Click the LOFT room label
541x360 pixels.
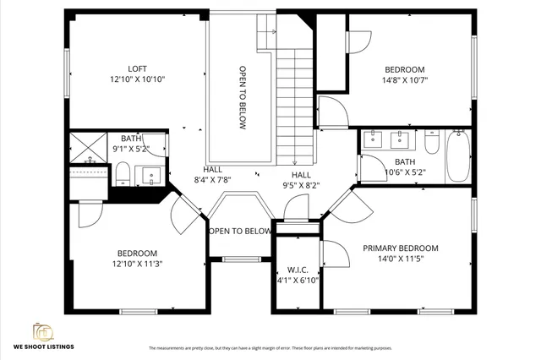pos(137,68)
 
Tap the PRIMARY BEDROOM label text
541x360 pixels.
pos(401,248)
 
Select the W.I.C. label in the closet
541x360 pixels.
pos(297,270)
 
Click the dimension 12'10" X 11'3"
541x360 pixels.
pos(137,264)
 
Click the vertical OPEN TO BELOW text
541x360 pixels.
pos(242,97)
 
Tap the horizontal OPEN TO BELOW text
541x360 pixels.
pos(240,231)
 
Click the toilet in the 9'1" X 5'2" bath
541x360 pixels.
pos(122,173)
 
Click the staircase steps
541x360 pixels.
pos(295,106)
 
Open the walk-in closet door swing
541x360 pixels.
pos(333,254)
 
